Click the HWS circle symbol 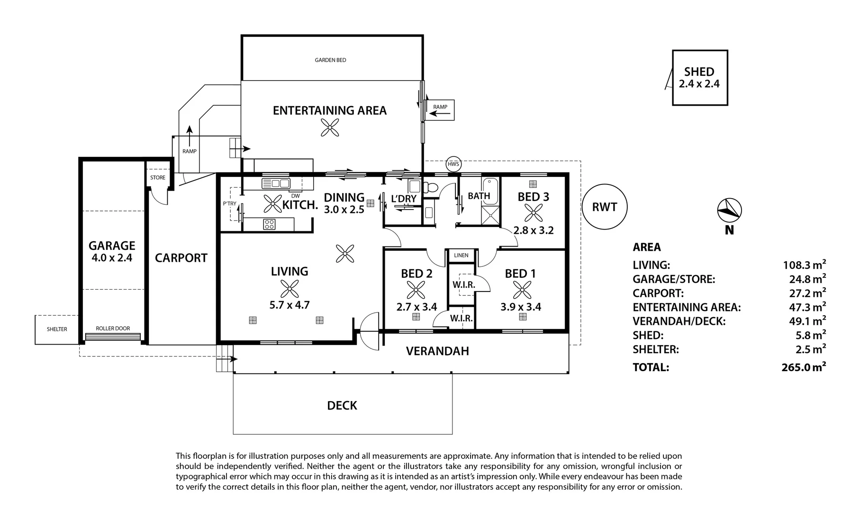coord(453,165)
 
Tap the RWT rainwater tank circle coord(605,207)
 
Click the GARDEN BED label coord(330,60)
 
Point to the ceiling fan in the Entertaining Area coord(330,128)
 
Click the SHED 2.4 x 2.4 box coord(700,78)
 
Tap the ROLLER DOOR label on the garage coord(113,328)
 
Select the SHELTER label coord(57,329)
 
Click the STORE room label coord(158,178)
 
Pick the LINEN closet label coord(461,256)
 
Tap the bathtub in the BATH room coord(490,192)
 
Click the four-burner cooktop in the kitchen coord(269,224)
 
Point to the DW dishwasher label coord(295,196)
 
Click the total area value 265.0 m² coord(804,366)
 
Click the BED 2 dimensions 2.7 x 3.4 coord(416,307)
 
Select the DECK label coord(342,405)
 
